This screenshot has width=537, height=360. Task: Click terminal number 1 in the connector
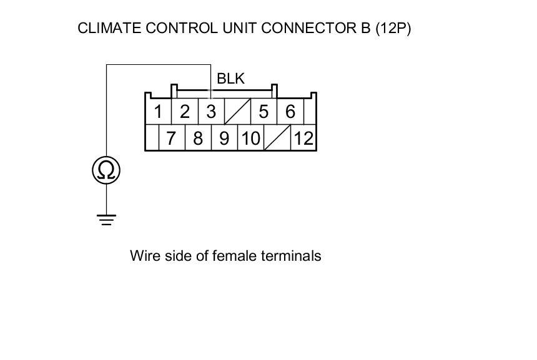[159, 112]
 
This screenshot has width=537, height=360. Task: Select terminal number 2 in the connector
[185, 112]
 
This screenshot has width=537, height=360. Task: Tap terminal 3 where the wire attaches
[211, 112]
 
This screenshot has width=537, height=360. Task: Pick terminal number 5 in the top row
[264, 112]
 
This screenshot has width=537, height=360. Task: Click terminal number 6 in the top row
[290, 112]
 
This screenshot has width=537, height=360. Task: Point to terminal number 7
[172, 138]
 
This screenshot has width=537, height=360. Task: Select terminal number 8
[198, 138]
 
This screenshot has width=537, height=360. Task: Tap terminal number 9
[224, 138]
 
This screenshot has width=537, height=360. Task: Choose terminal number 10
[250, 138]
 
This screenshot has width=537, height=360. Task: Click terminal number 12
[303, 138]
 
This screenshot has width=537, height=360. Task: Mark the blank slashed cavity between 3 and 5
[237, 112]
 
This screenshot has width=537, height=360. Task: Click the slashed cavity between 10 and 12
[277, 138]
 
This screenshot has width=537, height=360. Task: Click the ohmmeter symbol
[106, 170]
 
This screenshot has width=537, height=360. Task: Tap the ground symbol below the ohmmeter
[106, 219]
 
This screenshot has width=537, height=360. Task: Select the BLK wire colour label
[230, 79]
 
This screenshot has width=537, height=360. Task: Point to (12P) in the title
[393, 28]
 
